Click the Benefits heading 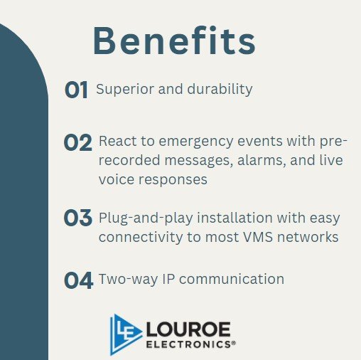174,41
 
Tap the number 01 76,90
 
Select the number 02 78,143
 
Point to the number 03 78,218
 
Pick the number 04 78,280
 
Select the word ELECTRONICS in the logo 187,344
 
